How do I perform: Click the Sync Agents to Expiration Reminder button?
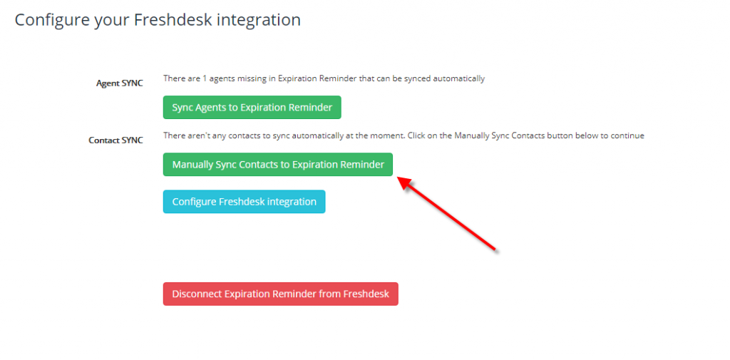tap(252, 108)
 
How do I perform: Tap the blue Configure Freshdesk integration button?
tap(244, 202)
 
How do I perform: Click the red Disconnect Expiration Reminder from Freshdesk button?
tap(281, 294)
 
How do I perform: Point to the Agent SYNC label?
tap(120, 83)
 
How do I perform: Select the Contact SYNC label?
tap(116, 140)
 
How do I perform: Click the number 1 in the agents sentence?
tap(205, 78)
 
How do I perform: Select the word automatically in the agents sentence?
tap(459, 78)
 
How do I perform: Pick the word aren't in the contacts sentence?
tap(194, 135)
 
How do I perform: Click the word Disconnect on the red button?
tap(197, 294)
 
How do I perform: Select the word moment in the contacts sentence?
tap(393, 135)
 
